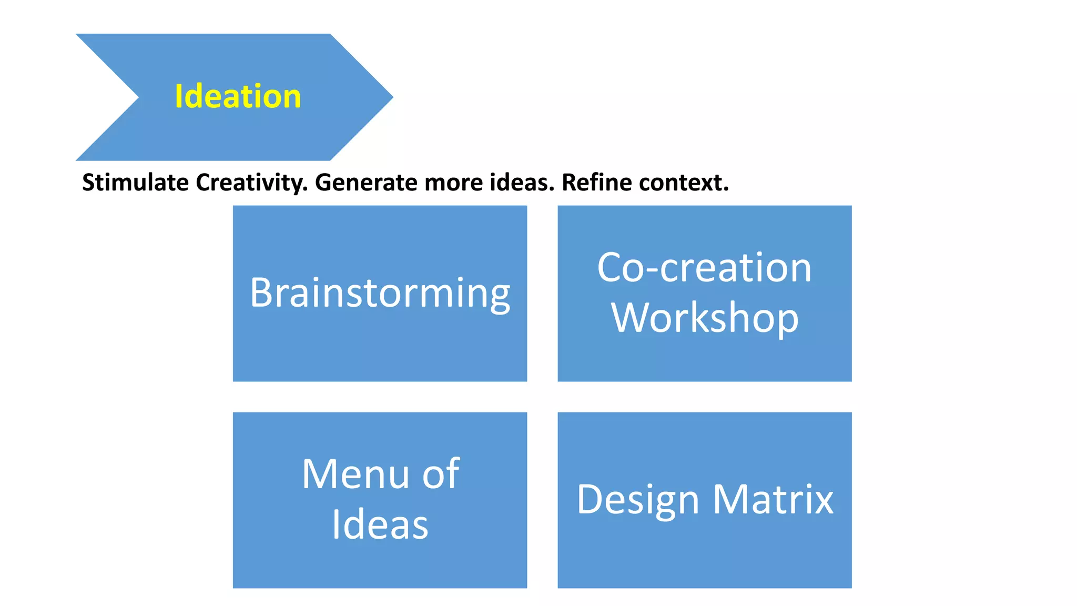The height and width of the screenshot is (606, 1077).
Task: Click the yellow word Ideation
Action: coord(238,97)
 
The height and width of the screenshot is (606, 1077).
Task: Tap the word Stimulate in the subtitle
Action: coord(135,183)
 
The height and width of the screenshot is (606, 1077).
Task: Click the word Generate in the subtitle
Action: coord(366,183)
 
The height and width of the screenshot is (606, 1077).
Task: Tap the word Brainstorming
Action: coord(380,293)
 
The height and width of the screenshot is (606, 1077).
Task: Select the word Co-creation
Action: coord(704,268)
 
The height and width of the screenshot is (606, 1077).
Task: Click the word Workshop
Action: coord(704,318)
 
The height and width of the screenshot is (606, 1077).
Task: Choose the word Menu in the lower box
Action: coord(355,474)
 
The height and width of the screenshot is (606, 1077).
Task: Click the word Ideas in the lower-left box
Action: coord(380,524)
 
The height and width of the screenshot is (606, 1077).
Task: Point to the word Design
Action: coord(637,500)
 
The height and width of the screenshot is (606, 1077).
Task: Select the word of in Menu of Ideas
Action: coord(441,474)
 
